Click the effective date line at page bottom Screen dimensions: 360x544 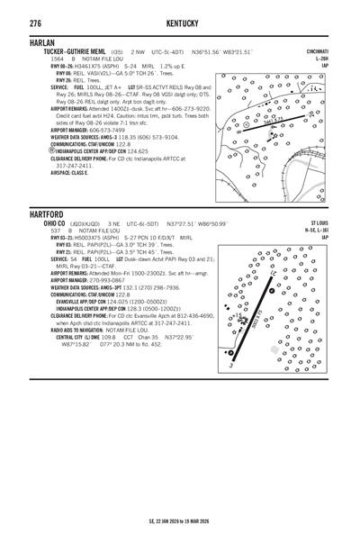tap(180, 520)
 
